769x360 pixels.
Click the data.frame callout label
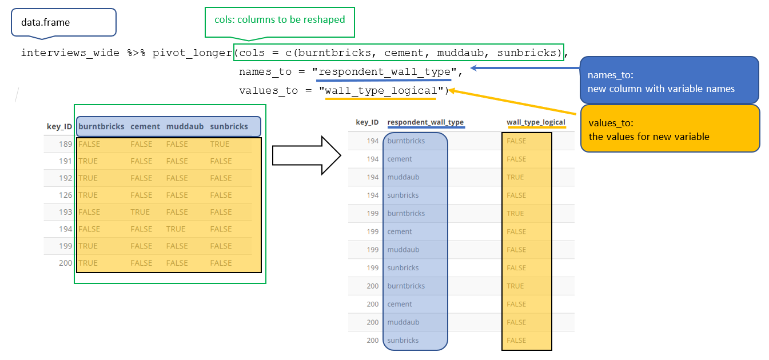tap(46, 22)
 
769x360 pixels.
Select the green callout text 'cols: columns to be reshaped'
tap(280, 20)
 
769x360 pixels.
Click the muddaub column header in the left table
tap(185, 127)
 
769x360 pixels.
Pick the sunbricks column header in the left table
tap(229, 127)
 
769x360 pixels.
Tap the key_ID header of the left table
tap(59, 126)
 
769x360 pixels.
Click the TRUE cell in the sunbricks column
tap(220, 144)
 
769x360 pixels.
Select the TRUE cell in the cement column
tap(140, 212)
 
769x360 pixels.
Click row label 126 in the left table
tap(65, 195)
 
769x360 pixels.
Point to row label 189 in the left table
tap(65, 144)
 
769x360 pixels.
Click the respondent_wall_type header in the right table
tap(425, 122)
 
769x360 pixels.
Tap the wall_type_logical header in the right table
tap(536, 122)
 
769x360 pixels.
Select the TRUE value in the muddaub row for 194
tap(515, 177)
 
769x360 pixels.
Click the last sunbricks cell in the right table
tap(403, 341)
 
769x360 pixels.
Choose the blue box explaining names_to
tap(669, 80)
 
